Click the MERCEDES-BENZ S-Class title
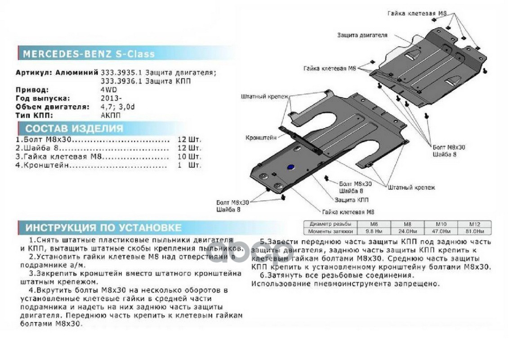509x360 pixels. click(89, 54)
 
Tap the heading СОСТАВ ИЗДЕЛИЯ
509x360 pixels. click(74, 128)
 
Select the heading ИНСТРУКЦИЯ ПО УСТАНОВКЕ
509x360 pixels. click(103, 227)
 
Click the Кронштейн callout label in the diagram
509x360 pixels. click(261, 138)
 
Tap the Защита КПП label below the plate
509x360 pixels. click(352, 199)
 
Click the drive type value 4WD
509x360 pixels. click(107, 90)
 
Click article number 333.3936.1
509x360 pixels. click(120, 81)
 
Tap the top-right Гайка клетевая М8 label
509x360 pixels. click(417, 14)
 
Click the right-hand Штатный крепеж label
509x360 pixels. click(411, 187)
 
